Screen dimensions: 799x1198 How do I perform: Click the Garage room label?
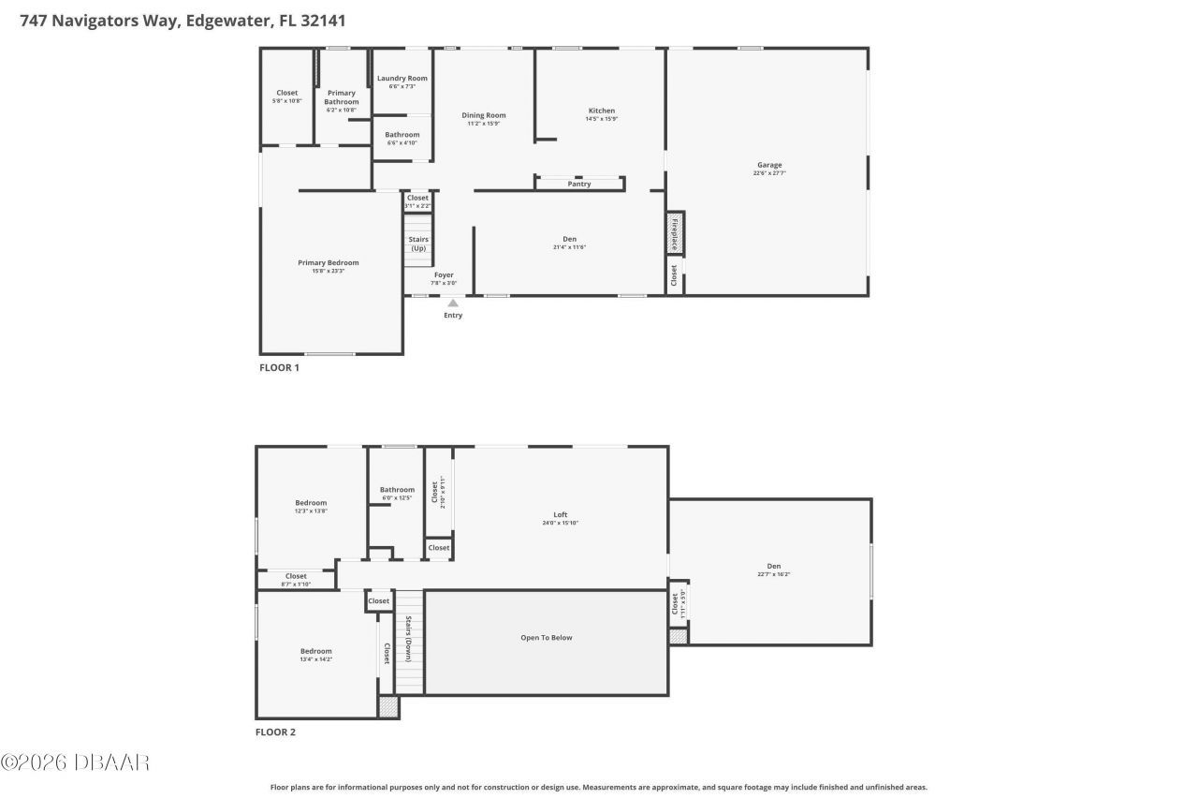(769, 165)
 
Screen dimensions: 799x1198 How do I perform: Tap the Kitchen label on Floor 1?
(601, 111)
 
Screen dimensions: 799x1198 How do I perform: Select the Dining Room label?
(484, 115)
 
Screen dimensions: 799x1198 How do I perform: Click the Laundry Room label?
(402, 78)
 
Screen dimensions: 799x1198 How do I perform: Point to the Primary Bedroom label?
(329, 263)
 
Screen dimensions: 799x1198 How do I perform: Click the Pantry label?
(579, 184)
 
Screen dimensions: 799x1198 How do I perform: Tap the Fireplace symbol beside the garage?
(673, 233)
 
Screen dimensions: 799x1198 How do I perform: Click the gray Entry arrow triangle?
(453, 303)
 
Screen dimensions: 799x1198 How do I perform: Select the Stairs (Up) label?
(418, 244)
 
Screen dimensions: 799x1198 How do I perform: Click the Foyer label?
(444, 275)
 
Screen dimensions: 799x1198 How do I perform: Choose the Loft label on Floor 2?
(561, 514)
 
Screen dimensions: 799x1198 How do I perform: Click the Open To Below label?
(547, 638)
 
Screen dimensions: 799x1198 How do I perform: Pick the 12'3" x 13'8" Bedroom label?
(311, 503)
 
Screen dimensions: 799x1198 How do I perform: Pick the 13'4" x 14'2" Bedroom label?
(315, 651)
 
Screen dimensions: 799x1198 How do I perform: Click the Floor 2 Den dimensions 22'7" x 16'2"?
(774, 575)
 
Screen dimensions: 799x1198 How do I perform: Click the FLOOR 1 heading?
(279, 368)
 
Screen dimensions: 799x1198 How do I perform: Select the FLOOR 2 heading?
(275, 732)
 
